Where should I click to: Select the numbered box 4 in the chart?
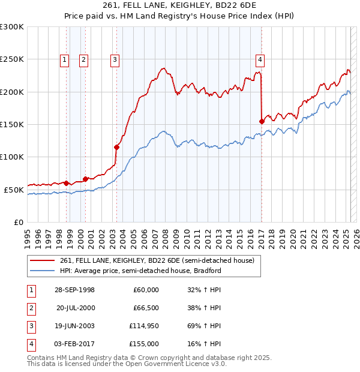click(260, 59)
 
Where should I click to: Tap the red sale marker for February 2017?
click(262, 121)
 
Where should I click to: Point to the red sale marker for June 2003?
click(117, 147)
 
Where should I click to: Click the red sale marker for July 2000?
click(86, 179)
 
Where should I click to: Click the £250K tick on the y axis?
click(12, 59)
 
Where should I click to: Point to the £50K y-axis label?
click(14, 190)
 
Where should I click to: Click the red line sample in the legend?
click(43, 260)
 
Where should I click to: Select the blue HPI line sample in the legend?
click(43, 271)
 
